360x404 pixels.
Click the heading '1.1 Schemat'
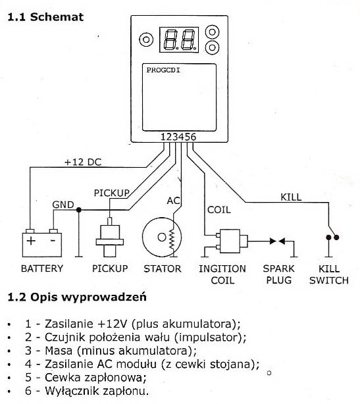pos(45,17)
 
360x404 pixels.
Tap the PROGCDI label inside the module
pos(163,70)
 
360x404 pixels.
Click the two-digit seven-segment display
pos(179,39)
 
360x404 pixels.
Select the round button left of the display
pos(146,39)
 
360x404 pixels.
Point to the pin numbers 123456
pos(178,137)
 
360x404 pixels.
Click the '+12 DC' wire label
pos(83,162)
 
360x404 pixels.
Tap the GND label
pos(63,205)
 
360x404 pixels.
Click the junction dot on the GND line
pos(79,210)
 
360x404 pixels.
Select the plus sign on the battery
pos(31,241)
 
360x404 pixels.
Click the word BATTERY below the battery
pos(42,268)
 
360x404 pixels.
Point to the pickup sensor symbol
pos(110,238)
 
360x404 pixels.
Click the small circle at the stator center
pos(162,237)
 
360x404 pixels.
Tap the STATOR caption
pos(163,268)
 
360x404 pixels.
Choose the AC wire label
pos(174,201)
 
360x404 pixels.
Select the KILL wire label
pos(291,197)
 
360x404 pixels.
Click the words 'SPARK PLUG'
pos(278,274)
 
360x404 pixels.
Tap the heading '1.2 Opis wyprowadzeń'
pos(77,297)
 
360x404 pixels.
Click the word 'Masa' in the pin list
pos(59,351)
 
